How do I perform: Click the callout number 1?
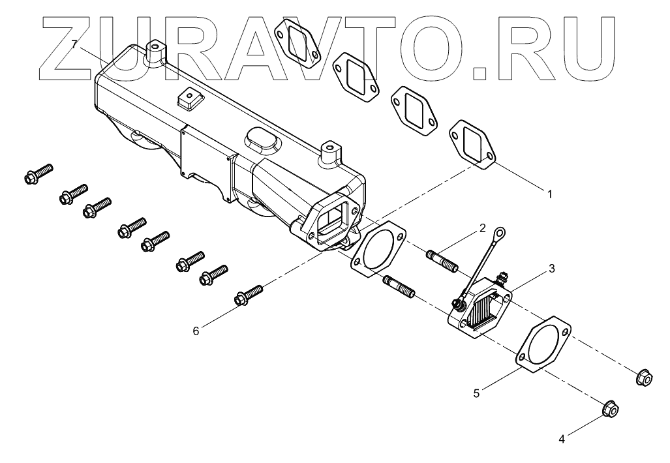549,194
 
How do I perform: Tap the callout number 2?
482,228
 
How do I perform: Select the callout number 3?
551,268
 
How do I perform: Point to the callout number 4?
561,439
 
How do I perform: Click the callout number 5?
477,393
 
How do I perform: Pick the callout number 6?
195,331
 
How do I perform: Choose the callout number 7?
75,44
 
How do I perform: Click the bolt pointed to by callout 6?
247,294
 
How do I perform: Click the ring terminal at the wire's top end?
500,232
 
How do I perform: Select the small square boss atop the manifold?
189,99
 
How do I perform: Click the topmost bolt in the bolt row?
38,172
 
